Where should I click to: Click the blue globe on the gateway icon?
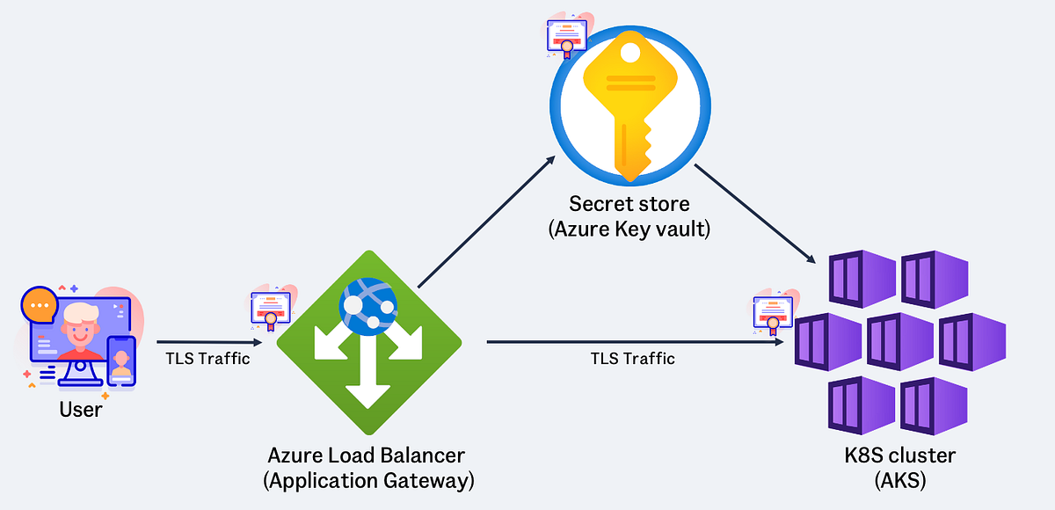(x=368, y=304)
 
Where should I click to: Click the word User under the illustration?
(x=80, y=409)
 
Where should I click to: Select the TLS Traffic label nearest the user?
(x=207, y=358)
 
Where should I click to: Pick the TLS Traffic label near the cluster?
(x=633, y=358)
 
